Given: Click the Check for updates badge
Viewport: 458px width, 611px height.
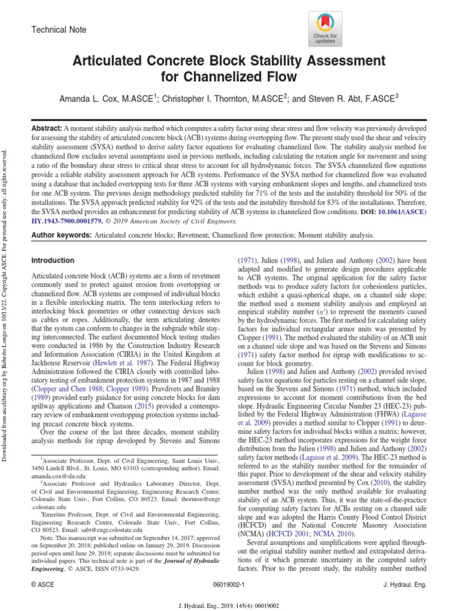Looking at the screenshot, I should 326,29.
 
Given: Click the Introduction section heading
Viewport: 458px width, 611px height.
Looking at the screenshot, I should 52,261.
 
